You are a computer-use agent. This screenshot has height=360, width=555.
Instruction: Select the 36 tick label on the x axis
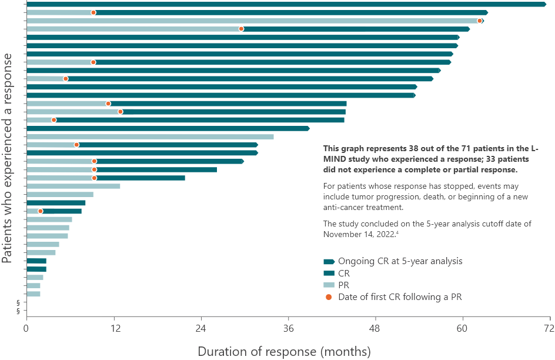tap(289, 328)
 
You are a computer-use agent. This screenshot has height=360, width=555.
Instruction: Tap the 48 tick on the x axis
tap(376, 328)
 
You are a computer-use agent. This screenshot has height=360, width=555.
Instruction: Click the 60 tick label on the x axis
tap(463, 328)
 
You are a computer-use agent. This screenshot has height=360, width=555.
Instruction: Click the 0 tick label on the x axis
tap(26, 328)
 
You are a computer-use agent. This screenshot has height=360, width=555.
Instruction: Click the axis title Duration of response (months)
tap(285, 352)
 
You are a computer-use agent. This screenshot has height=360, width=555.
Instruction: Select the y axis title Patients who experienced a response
tap(8, 159)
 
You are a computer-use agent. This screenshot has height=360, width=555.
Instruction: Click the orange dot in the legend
tap(329, 297)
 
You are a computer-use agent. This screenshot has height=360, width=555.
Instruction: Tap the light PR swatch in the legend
tap(329, 285)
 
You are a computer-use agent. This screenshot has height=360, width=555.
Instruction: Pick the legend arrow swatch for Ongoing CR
tap(329, 261)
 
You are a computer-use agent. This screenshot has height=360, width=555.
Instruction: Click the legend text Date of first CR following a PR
tap(400, 297)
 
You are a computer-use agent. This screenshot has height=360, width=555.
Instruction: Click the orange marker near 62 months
tap(480, 21)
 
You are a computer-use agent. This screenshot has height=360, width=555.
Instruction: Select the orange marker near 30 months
tap(241, 29)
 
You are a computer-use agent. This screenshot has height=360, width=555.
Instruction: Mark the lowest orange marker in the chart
tap(41, 211)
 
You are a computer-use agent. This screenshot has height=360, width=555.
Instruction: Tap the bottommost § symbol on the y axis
tap(18, 311)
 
